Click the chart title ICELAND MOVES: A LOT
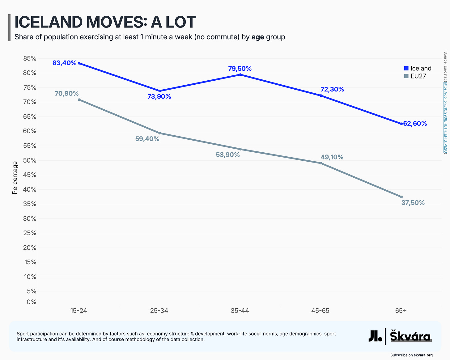[105, 22]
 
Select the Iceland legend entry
[418, 68]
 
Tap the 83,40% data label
[64, 63]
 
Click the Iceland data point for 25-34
[159, 91]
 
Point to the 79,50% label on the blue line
[240, 69]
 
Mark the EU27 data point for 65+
[401, 197]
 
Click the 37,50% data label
[413, 203]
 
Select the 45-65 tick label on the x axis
[320, 311]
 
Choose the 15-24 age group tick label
[79, 311]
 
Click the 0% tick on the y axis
[31, 302]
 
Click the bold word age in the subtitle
[258, 37]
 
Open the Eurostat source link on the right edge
[445, 117]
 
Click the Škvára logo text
[410, 336]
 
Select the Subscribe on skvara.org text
[411, 355]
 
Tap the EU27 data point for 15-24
[79, 100]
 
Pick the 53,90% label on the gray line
[227, 155]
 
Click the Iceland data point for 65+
[401, 124]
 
